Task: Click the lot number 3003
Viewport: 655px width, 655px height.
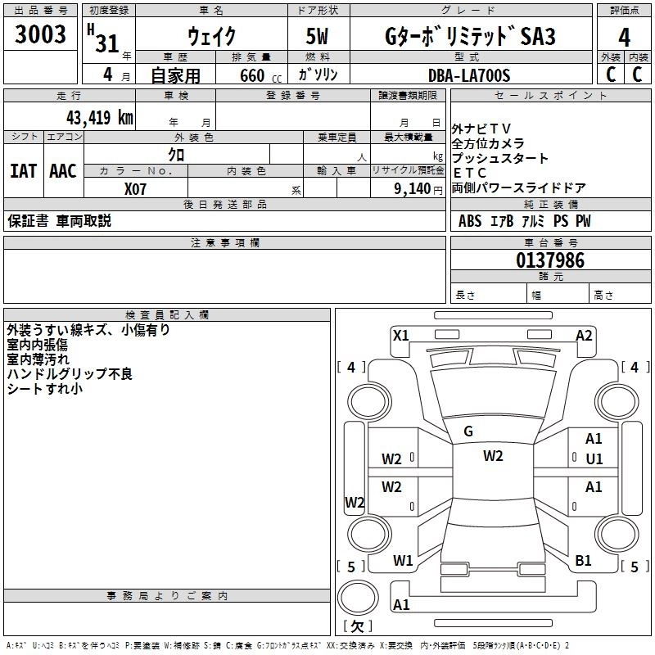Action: click(x=41, y=35)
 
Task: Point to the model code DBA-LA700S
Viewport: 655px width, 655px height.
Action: click(x=469, y=75)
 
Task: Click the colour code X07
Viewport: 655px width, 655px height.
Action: click(x=136, y=188)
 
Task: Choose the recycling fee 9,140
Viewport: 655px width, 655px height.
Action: click(x=407, y=188)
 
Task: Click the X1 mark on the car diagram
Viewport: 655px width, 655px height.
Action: click(x=401, y=335)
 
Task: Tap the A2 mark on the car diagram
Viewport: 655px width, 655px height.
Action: click(x=584, y=335)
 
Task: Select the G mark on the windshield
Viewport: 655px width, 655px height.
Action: click(x=468, y=431)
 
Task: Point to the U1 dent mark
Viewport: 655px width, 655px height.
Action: click(x=594, y=459)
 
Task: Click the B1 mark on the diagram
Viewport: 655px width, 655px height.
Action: click(x=583, y=561)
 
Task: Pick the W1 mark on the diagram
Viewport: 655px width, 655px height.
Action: click(x=403, y=561)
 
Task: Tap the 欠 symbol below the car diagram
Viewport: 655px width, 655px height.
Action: click(x=357, y=626)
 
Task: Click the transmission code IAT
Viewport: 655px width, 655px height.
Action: click(x=23, y=170)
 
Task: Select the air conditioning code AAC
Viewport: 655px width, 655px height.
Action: click(x=62, y=170)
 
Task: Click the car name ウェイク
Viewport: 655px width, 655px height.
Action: click(x=210, y=37)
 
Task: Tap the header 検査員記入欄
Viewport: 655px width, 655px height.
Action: click(x=167, y=314)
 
